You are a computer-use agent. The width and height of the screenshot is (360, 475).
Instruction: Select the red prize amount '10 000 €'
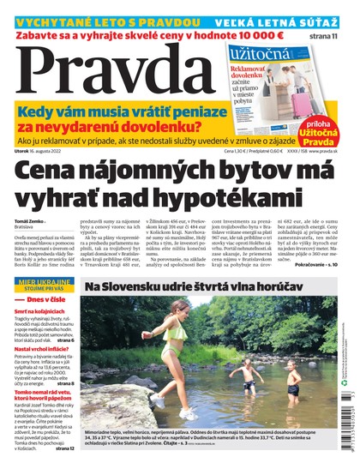coord(251,36)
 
